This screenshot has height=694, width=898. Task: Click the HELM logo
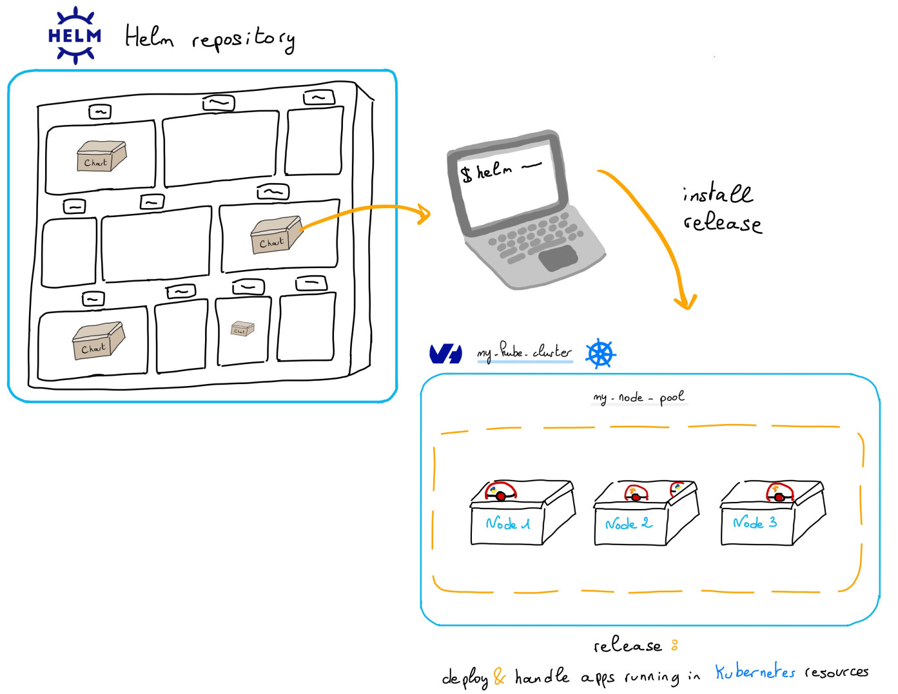coord(75,35)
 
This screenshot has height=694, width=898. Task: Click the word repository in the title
coord(243,39)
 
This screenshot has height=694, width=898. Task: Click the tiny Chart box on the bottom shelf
coord(242,329)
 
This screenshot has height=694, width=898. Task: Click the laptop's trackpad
coord(558,257)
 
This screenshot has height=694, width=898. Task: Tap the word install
coord(717,193)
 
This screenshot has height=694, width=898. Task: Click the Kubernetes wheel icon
coord(601,353)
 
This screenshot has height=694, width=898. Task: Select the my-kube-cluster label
coord(524,352)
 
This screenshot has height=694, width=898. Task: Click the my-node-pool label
coord(638,397)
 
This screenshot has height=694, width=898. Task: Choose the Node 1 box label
coord(508,524)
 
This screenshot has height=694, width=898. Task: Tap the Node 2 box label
coord(629,524)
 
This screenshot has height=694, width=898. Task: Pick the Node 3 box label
coord(755,523)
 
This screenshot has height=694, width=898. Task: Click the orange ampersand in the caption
coord(500,677)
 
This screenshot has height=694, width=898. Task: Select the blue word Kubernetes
coord(755,673)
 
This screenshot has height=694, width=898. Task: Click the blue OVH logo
coord(445,354)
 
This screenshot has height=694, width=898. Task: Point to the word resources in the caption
coord(836,673)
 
